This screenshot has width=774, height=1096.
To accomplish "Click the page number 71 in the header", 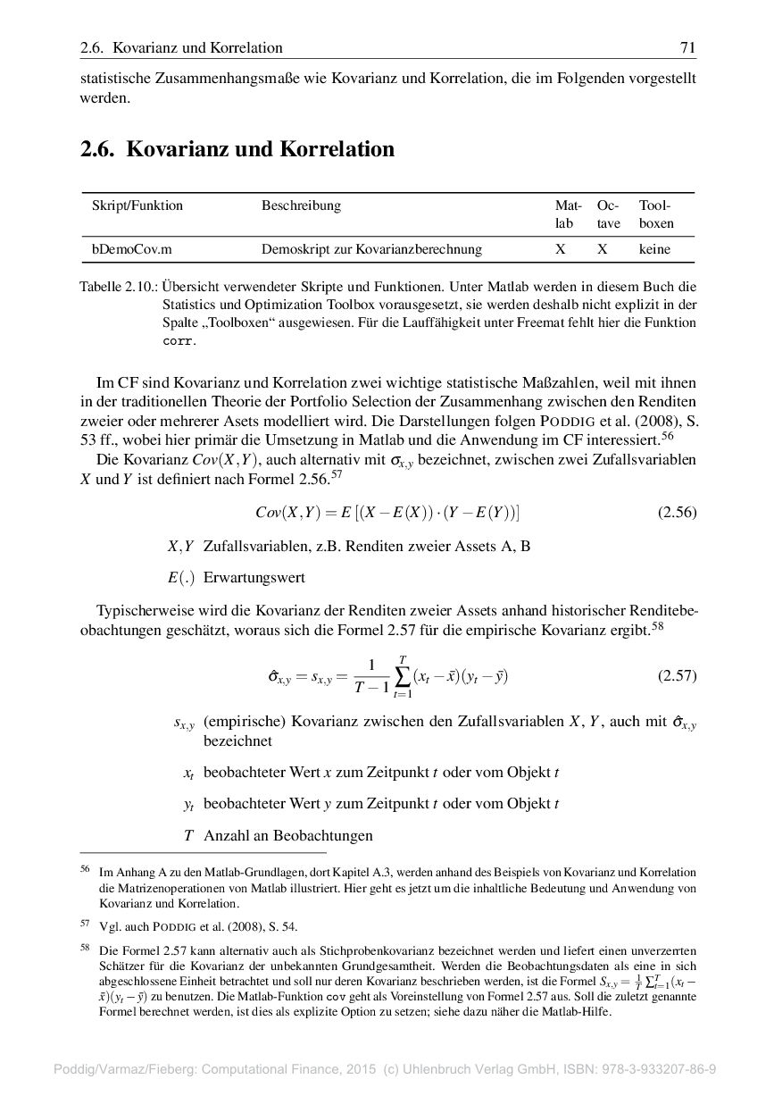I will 687,48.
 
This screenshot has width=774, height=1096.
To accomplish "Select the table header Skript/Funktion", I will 137,205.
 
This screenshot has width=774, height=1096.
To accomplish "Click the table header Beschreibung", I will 301,205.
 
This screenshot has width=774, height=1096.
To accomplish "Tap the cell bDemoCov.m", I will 132,250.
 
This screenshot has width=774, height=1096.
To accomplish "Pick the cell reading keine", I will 654,250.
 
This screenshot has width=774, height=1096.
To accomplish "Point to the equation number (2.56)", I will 677,513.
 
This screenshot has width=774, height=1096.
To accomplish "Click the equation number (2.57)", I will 677,676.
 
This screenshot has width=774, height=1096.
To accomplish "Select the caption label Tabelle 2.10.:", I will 119,287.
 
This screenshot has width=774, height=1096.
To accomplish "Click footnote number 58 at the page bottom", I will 86,949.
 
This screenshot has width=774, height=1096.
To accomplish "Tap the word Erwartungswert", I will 254,578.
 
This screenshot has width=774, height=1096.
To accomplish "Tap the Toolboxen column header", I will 656,214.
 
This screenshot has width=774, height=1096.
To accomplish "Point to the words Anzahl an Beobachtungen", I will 287,836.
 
